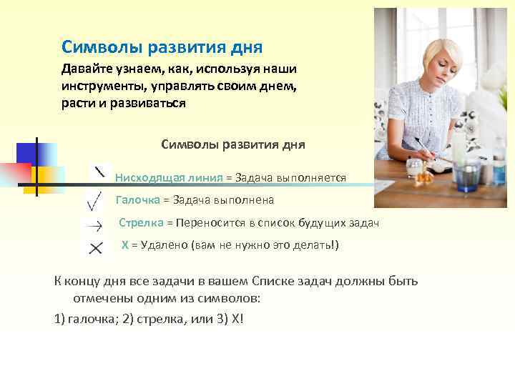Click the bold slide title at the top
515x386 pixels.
point(162,47)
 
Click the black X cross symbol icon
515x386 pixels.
point(95,248)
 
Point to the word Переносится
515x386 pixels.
point(208,223)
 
